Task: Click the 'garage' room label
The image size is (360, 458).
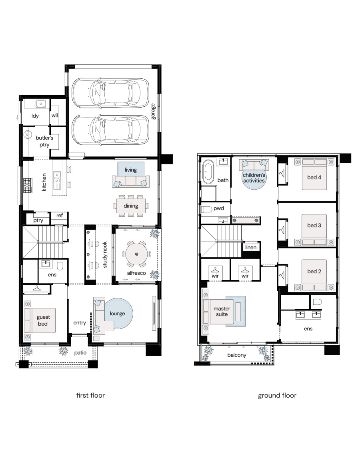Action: (153, 112)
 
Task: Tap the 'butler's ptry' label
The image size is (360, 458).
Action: (44, 141)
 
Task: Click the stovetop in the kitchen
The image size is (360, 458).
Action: (28, 186)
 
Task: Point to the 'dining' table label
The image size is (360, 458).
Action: (131, 206)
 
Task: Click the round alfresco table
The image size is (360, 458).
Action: (136, 254)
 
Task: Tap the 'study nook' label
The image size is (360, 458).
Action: (105, 254)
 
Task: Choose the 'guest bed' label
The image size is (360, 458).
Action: (43, 320)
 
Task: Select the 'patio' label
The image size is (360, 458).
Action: (80, 352)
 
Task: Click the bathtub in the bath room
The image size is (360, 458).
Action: (208, 172)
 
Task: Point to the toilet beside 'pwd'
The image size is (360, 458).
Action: (206, 210)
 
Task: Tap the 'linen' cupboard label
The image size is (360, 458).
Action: (251, 248)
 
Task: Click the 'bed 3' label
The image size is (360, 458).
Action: (314, 225)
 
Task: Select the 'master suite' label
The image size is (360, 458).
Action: (222, 311)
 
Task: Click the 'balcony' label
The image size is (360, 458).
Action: (237, 355)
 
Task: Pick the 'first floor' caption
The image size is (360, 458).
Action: (90, 396)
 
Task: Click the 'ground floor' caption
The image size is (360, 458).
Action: (277, 396)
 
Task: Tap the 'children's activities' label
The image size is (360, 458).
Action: (254, 178)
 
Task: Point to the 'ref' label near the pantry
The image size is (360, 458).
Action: (59, 216)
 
